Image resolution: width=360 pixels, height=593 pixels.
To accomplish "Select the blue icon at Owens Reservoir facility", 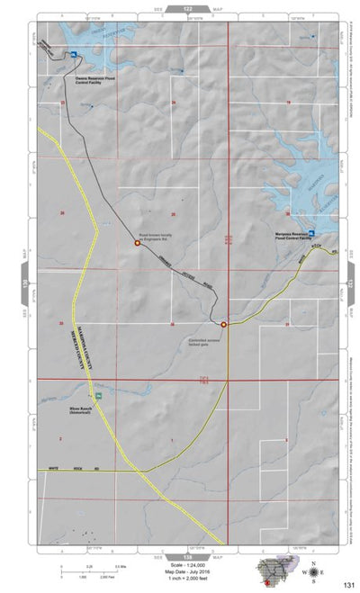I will [x=74, y=57].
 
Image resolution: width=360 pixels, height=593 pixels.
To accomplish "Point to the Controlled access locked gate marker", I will [x=224, y=325].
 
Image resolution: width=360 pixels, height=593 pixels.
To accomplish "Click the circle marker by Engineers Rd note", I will [x=138, y=242].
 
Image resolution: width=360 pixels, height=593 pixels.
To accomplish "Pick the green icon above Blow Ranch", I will [x=99, y=396].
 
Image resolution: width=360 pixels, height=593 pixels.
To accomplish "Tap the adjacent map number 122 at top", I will [x=187, y=7].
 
